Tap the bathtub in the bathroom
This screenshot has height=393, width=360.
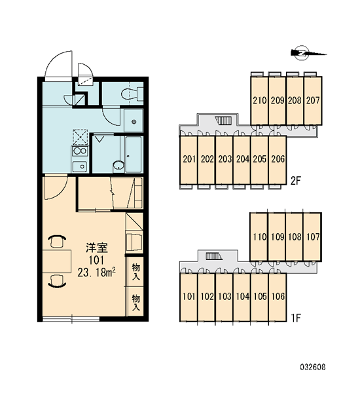(134, 155)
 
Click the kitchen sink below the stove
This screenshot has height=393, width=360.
(80, 166)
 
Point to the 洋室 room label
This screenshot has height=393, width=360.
(97, 248)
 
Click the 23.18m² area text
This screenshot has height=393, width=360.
(97, 272)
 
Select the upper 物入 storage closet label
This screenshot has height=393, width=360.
(136, 272)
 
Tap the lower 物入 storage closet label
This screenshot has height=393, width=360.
(136, 303)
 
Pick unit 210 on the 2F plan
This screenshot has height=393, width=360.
(259, 100)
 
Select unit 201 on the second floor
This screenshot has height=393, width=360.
(189, 159)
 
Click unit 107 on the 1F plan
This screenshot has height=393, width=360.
(313, 237)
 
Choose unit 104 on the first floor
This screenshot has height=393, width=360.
(242, 297)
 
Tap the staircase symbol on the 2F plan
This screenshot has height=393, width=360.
(224, 121)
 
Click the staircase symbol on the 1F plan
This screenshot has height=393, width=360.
(214, 256)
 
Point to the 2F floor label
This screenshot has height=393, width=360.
(296, 181)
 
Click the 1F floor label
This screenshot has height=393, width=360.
(296, 318)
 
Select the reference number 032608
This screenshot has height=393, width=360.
(313, 367)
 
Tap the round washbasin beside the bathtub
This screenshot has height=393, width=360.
(118, 166)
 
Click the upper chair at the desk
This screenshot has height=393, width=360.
(58, 241)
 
